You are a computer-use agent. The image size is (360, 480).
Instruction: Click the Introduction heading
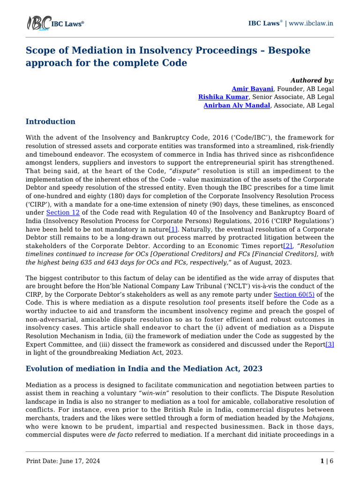[50, 121]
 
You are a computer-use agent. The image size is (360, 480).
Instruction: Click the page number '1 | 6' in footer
[327, 461]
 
